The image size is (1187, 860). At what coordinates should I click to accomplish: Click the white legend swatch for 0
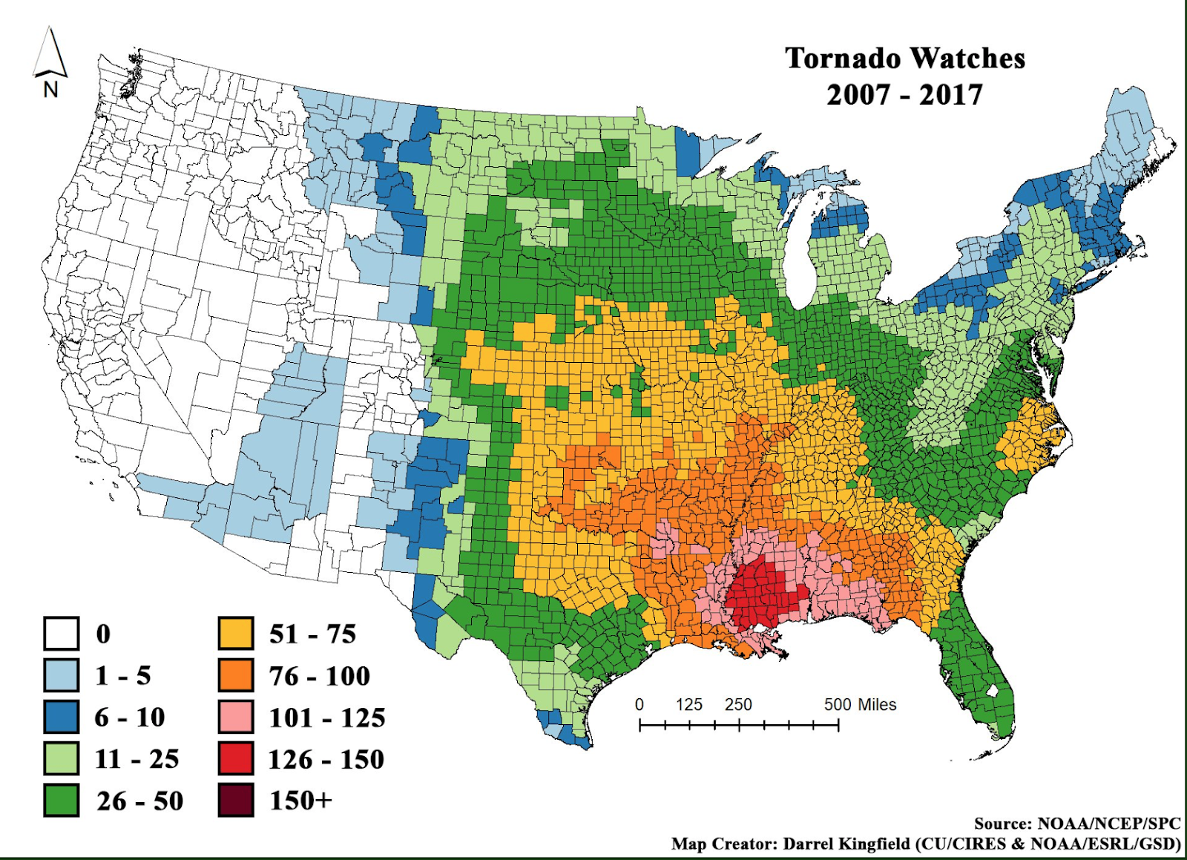coord(61,634)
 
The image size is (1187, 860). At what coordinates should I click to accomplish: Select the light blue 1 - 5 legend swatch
coord(61,675)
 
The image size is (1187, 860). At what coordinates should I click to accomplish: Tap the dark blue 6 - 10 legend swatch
coord(61,717)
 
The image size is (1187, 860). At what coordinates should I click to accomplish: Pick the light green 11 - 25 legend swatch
coord(61,758)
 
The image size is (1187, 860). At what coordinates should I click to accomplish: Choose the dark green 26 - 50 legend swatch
coord(61,801)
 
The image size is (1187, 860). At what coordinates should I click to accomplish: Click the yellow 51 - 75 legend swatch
coord(236,634)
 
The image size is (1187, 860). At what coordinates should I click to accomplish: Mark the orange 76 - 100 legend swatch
coord(236,675)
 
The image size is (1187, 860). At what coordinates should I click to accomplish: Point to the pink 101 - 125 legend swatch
coord(236,717)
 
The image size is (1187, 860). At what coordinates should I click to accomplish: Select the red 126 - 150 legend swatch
coord(236,758)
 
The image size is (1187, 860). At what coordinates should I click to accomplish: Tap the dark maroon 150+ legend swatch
coord(236,801)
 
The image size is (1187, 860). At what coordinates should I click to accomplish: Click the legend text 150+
coord(300,801)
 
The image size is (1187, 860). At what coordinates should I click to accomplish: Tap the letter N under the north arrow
coord(50,90)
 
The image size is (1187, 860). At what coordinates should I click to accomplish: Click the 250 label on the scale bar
coord(738,705)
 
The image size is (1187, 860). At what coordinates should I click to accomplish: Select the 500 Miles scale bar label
coord(860,705)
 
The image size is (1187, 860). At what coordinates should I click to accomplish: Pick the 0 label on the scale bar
coord(639,705)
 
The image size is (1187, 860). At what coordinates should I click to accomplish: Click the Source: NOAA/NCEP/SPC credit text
coord(1077,824)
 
